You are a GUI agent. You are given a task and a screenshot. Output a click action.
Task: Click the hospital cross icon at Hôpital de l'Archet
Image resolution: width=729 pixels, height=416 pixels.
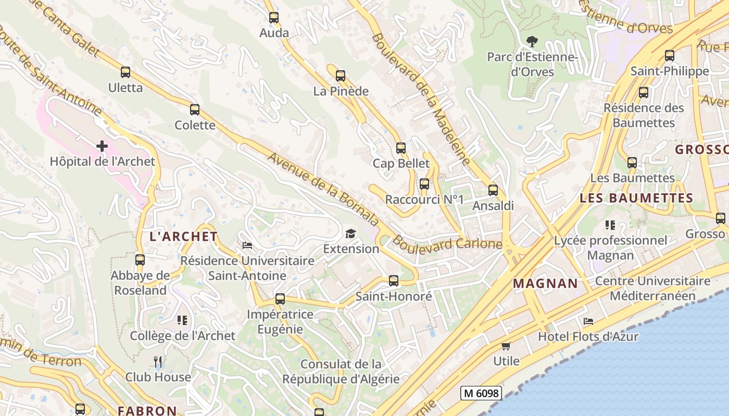[x=102, y=146]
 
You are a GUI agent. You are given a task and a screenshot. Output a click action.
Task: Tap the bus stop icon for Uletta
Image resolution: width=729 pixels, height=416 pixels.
[x=125, y=72]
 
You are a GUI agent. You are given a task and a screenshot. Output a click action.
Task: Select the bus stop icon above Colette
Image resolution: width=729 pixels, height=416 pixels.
[x=195, y=110]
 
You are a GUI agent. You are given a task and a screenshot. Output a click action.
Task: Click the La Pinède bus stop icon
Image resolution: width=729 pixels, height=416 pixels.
[x=341, y=76]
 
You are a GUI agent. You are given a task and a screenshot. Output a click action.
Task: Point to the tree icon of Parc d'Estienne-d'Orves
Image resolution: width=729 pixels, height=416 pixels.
[x=532, y=42]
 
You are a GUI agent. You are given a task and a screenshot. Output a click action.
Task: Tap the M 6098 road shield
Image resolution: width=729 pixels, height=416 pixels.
[x=481, y=393]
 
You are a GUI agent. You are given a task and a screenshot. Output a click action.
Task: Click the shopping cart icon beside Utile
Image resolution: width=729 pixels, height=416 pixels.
[x=506, y=346]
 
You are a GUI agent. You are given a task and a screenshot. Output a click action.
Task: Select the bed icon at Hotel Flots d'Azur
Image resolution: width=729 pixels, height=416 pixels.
[x=588, y=321]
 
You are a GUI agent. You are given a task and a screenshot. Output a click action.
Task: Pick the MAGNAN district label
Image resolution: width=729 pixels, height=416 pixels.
[x=545, y=283]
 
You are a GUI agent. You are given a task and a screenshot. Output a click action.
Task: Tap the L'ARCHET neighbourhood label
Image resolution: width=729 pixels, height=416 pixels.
[x=183, y=237]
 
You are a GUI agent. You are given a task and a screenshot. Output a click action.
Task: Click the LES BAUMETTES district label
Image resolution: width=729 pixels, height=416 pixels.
[x=636, y=198]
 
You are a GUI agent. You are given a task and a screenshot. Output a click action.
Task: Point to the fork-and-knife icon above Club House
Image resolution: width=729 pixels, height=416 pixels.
[x=158, y=361]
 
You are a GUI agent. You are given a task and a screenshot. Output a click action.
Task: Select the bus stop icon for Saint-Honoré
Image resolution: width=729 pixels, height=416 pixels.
[x=394, y=281]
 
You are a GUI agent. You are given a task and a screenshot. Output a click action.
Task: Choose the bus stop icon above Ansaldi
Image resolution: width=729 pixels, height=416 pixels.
[x=493, y=190]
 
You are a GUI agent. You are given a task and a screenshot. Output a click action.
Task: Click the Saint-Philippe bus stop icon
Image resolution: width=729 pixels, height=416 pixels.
[x=670, y=56]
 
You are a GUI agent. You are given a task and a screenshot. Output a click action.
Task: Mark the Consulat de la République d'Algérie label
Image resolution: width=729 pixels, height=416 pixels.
[x=341, y=371]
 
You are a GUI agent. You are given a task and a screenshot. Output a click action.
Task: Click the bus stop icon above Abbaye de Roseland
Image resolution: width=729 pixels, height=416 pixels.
[x=140, y=260]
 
